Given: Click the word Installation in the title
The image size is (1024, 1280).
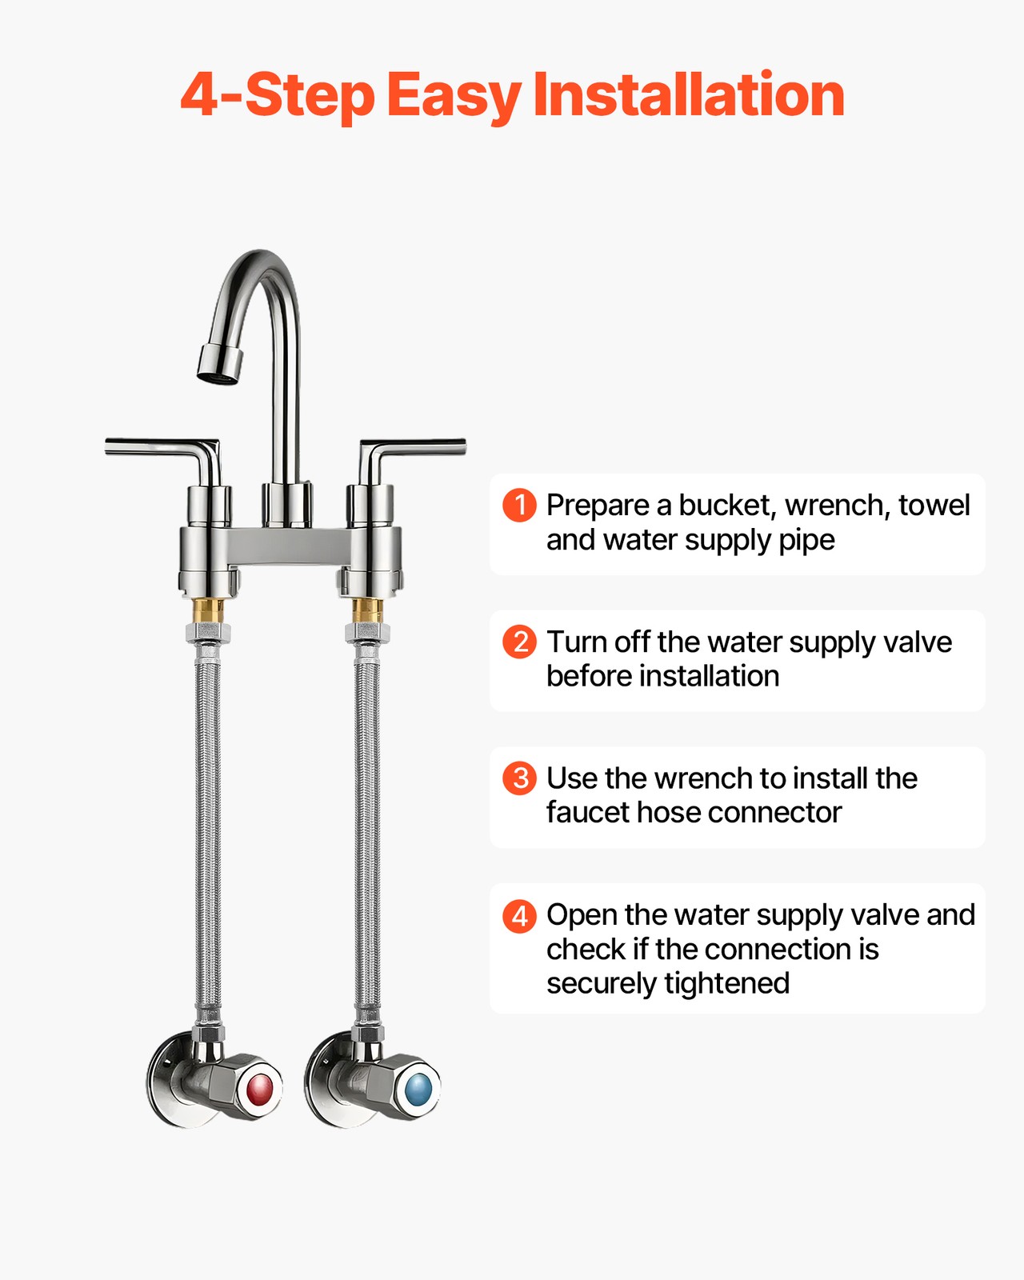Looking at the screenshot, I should pos(689,94).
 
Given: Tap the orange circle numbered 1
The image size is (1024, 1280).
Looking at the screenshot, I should pos(520,506).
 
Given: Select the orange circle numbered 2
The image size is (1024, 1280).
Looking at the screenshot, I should pos(520,642).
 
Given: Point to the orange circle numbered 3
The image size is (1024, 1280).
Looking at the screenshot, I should pos(520,778).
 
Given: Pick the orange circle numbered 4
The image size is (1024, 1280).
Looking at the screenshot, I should pos(520,915).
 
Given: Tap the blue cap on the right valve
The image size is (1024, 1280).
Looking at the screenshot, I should pos(418,1090).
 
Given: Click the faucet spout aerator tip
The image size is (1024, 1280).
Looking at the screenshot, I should pos(219,365).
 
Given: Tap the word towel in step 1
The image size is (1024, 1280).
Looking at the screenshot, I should pos(934,506).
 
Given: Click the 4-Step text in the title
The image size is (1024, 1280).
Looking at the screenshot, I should pos(277,96).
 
